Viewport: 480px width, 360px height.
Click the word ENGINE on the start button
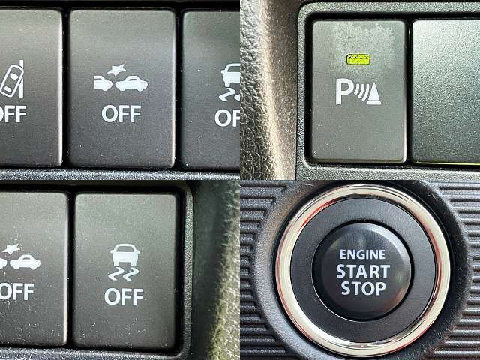[362, 255]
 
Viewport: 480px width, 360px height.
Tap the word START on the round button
[363, 271]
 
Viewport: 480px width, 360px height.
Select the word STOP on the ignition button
[364, 288]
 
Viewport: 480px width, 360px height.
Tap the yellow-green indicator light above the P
[358, 59]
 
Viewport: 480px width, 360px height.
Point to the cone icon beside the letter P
[374, 94]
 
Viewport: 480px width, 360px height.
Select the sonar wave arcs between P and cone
[360, 92]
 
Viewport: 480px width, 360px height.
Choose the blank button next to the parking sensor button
[446, 91]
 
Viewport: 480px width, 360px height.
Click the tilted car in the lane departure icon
[12, 81]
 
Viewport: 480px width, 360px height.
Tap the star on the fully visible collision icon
[117, 70]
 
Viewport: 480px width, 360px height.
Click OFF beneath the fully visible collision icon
[121, 114]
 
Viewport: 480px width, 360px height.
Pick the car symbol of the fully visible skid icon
[125, 255]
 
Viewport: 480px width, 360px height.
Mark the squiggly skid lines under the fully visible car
[124, 274]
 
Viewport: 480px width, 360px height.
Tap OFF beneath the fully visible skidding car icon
[124, 296]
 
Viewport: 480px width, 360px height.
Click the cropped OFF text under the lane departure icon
[13, 114]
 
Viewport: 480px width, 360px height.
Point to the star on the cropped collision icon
[11, 248]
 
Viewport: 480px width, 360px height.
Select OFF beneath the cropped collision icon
[16, 291]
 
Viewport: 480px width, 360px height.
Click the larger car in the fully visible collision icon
[132, 83]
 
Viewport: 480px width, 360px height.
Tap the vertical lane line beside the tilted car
[22, 79]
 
